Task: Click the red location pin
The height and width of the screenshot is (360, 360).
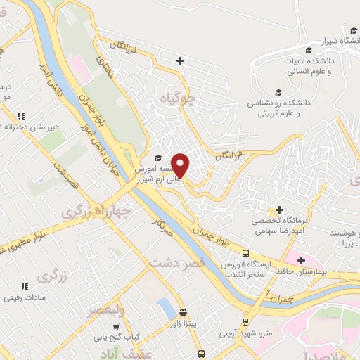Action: [x=181, y=165]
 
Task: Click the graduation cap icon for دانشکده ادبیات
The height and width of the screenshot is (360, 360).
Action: [x=309, y=50]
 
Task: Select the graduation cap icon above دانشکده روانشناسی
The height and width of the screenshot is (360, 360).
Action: [x=278, y=92]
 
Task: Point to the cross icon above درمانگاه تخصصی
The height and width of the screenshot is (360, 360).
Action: [x=280, y=210]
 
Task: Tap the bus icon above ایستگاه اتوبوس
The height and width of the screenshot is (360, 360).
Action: [x=245, y=253]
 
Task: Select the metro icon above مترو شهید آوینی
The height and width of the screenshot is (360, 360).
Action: [x=244, y=321]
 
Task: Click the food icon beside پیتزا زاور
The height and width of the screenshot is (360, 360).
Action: [x=183, y=313]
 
